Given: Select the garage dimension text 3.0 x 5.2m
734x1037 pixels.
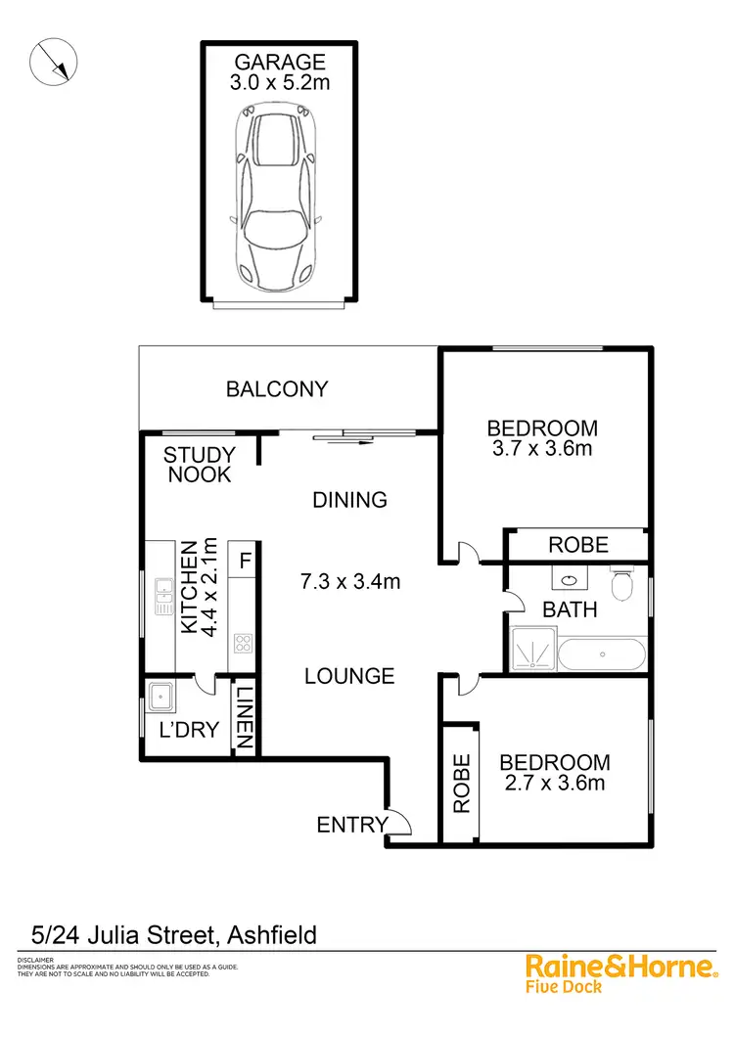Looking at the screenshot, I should click(x=280, y=83).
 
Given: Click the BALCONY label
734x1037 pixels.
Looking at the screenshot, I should click(x=277, y=389).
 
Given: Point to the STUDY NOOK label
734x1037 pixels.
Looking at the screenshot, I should click(x=200, y=465).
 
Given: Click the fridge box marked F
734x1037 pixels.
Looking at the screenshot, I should click(x=244, y=562).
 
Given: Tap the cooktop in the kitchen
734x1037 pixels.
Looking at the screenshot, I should click(x=243, y=644).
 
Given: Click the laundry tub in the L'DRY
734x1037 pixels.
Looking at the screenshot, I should click(x=161, y=698).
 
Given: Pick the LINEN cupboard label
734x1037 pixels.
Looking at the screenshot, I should click(x=245, y=718).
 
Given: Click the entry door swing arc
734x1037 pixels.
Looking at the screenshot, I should click(x=400, y=824).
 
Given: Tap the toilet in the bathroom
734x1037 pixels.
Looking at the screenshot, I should click(x=622, y=586).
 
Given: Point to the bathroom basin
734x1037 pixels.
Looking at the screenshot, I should click(x=569, y=580).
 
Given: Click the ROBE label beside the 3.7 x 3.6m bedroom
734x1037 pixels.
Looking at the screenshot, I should click(x=578, y=545).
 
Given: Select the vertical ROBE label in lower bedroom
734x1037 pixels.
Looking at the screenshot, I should click(x=461, y=783).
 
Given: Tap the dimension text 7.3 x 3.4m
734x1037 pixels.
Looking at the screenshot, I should click(x=350, y=582).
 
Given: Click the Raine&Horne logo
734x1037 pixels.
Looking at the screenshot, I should click(x=620, y=970).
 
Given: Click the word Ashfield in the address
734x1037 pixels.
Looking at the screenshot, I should click(x=272, y=935).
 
